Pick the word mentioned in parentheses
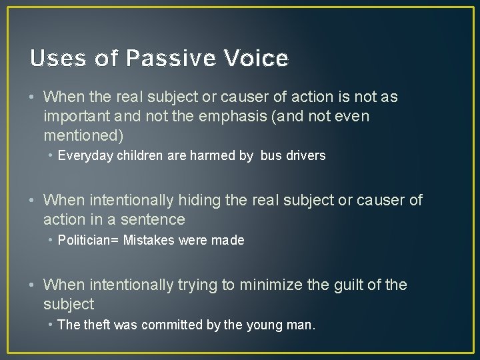point(80,136)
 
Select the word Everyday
point(86,156)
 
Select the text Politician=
point(89,240)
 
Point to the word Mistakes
point(149,240)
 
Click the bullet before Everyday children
point(51,156)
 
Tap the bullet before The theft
point(51,325)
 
